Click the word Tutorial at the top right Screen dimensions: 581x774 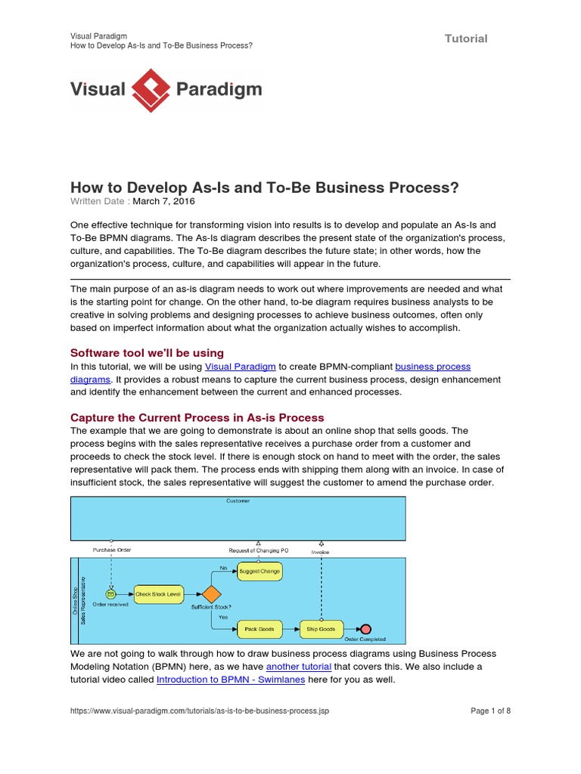[466, 39]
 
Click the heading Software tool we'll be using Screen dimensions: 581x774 [147, 352]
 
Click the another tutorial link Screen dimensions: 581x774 [299, 667]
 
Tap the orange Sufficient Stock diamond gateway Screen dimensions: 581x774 [211, 594]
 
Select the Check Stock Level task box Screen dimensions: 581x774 [158, 595]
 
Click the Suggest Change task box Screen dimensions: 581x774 [259, 571]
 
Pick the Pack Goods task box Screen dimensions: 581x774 [259, 628]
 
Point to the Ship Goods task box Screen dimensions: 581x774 [321, 628]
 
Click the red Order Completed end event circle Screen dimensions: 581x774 [366, 629]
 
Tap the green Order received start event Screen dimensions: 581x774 [111, 594]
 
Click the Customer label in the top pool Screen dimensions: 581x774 [238, 501]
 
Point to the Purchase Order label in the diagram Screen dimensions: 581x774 [112, 550]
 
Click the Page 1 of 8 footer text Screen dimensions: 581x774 [491, 711]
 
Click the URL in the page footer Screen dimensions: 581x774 [200, 711]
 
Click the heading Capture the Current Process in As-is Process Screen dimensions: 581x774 [197, 417]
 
